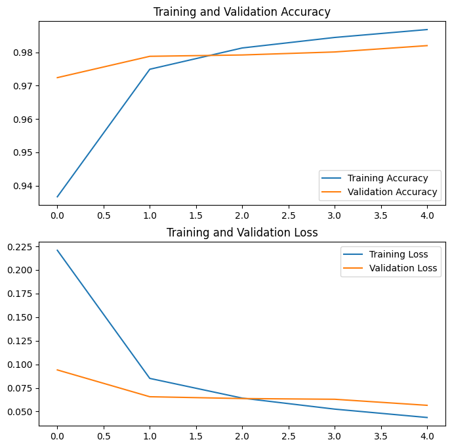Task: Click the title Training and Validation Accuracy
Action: (241, 12)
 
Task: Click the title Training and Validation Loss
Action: (241, 233)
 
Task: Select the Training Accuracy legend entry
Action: (387, 178)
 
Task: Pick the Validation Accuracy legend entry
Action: (392, 192)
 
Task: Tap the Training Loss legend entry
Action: (398, 254)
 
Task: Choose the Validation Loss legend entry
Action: (403, 268)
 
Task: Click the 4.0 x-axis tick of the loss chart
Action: (427, 435)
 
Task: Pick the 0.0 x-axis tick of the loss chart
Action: (57, 435)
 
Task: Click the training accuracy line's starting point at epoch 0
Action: (57, 196)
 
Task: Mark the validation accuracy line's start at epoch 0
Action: (57, 78)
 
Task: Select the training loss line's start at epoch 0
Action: (57, 250)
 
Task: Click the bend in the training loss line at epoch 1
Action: (150, 378)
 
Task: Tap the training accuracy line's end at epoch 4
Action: (427, 30)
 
